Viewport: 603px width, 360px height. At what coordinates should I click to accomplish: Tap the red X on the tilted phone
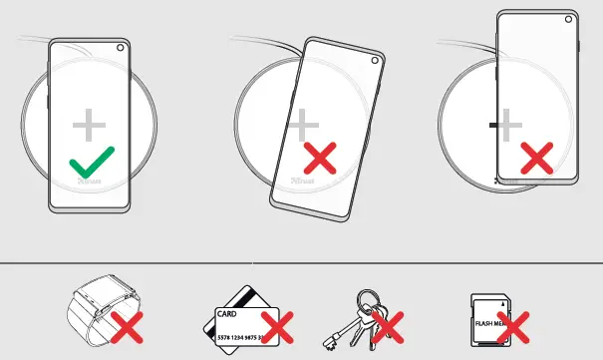319,157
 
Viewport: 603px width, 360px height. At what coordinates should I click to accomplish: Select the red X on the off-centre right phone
537,157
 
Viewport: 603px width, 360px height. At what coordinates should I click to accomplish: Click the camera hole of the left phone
120,48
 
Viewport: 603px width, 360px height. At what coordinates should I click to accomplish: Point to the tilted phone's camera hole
378,59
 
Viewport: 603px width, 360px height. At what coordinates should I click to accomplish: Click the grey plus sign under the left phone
90,125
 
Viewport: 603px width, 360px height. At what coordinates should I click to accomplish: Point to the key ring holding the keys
368,300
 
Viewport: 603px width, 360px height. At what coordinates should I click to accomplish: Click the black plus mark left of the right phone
493,126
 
